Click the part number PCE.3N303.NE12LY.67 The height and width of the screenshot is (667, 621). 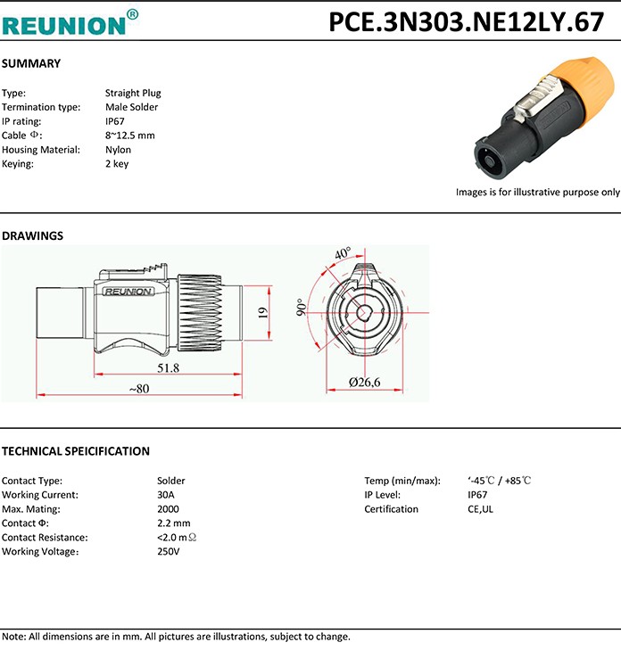coord(467,22)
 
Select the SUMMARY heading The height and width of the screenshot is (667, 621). coord(31,63)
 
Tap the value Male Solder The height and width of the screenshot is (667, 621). coord(131,107)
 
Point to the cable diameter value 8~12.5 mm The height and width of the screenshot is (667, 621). coord(130,136)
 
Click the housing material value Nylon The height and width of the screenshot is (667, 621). coord(118,150)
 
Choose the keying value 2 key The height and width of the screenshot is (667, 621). coord(117,164)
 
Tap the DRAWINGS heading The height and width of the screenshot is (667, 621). coord(33,236)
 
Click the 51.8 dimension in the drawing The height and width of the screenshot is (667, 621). coord(168,367)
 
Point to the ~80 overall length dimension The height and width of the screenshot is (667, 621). coord(138,389)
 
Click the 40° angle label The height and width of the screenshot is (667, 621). coord(343,254)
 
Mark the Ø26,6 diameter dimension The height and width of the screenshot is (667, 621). coord(364,383)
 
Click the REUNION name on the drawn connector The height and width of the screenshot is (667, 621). coord(128,291)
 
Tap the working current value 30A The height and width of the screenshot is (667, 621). coord(166,495)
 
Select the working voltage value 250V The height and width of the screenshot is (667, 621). coord(169,552)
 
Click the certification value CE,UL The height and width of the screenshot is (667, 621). coord(480,509)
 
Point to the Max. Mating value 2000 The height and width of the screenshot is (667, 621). coord(168,509)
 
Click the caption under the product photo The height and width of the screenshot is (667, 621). coord(537,192)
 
